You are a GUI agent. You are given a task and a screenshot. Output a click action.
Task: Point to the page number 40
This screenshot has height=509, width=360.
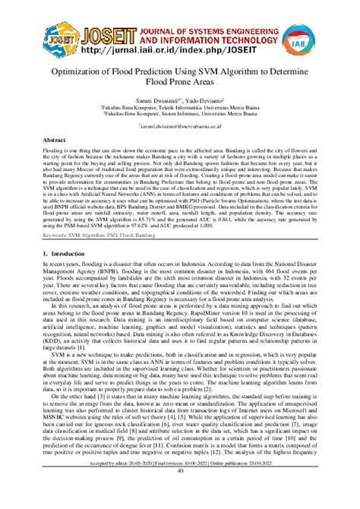point(180,492)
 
